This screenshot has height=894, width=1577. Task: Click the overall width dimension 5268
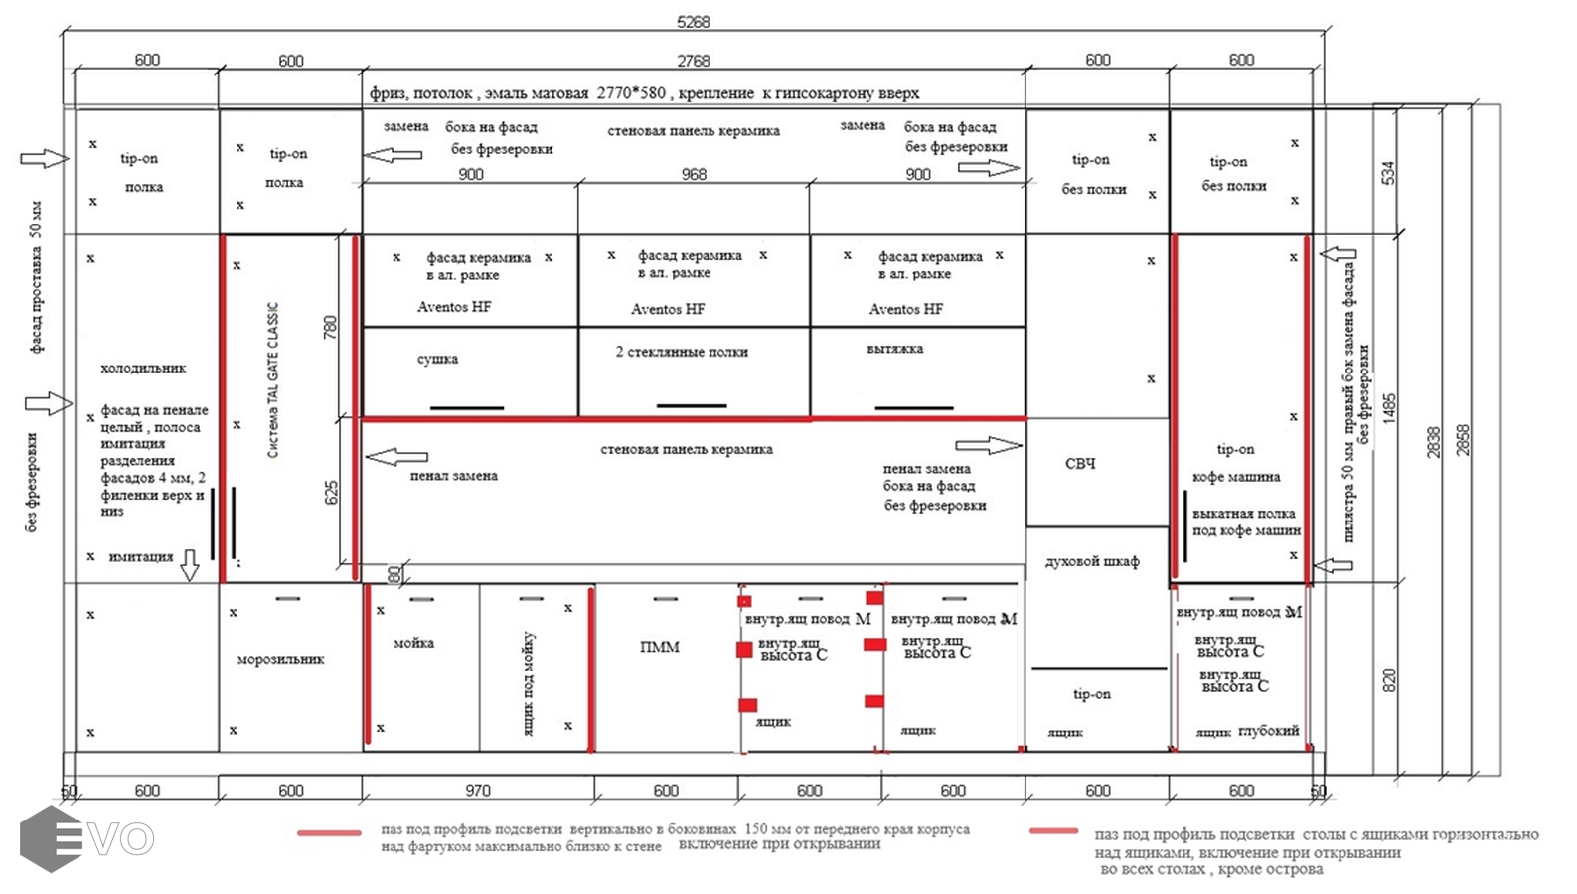pyautogui.click(x=693, y=22)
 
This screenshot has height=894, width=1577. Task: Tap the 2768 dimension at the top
pyautogui.click(x=693, y=61)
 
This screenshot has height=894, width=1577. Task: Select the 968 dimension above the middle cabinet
pyautogui.click(x=694, y=174)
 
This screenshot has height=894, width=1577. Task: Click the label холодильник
pyautogui.click(x=143, y=368)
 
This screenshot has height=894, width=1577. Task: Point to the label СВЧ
pyautogui.click(x=1080, y=464)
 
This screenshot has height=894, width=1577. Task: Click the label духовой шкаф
pyautogui.click(x=1092, y=561)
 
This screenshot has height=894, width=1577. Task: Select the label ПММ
pyautogui.click(x=660, y=647)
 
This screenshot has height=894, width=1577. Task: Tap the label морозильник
pyautogui.click(x=280, y=659)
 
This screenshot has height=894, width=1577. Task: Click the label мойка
pyautogui.click(x=413, y=643)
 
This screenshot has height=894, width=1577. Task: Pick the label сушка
pyautogui.click(x=437, y=359)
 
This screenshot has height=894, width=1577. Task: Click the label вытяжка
pyautogui.click(x=894, y=349)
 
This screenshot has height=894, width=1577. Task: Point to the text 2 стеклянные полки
pyautogui.click(x=682, y=352)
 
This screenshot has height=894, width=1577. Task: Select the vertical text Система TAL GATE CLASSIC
pyautogui.click(x=273, y=379)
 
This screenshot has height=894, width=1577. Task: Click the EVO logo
pyautogui.click(x=86, y=838)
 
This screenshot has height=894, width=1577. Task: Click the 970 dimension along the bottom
pyautogui.click(x=478, y=791)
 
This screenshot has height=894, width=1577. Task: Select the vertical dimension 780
pyautogui.click(x=330, y=327)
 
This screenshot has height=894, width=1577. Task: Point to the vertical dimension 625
pyautogui.click(x=331, y=493)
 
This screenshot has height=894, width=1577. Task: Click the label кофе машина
pyautogui.click(x=1236, y=477)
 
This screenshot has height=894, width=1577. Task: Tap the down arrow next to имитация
pyautogui.click(x=189, y=564)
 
